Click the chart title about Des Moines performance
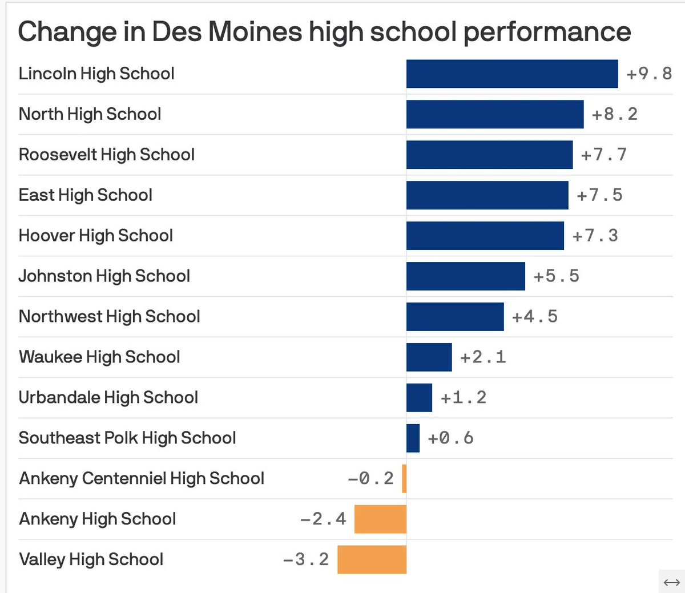pos(324,32)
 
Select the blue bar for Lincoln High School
pos(512,74)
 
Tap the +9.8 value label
pos(649,74)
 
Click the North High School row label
pos(90,114)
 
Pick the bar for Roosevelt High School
pos(489,155)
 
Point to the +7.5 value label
pos(599,195)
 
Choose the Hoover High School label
pos(96,236)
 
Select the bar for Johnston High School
pos(465,276)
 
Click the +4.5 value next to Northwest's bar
pos(535,317)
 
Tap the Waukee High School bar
pos(429,357)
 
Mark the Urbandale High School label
pos(108,398)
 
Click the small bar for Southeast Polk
pos(413,438)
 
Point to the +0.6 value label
pos(450,438)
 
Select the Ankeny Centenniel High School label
pos(142,478)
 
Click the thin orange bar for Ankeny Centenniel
pos(404,479)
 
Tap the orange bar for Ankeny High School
pos(380,519)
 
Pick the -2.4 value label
pos(323,519)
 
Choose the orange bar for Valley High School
pos(372,560)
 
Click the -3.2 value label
pos(306,560)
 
